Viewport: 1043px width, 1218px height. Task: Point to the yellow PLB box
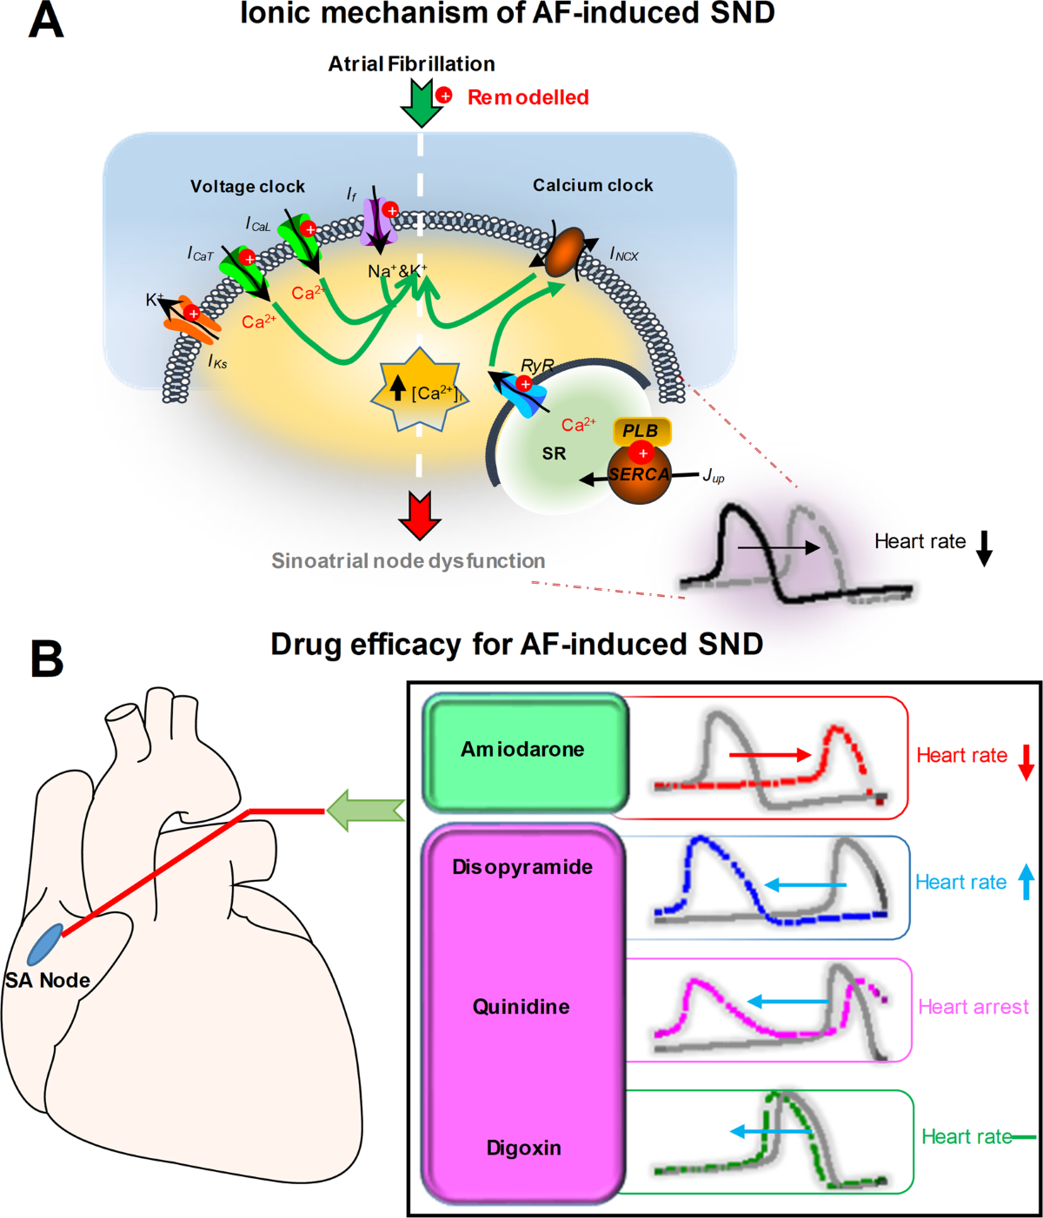click(641, 431)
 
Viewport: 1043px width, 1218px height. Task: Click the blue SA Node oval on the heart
click(44, 945)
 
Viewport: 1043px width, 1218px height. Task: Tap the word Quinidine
click(521, 1007)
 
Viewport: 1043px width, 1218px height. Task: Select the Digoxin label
click(523, 1148)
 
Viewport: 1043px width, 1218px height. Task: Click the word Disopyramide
click(522, 867)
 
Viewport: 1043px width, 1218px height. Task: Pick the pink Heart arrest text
click(973, 1007)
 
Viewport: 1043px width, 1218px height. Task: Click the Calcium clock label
click(593, 185)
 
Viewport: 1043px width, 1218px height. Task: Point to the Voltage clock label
click(248, 187)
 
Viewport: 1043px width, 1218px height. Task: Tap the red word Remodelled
click(528, 97)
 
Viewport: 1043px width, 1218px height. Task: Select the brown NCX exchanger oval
click(566, 251)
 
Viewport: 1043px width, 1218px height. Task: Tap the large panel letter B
click(47, 659)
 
